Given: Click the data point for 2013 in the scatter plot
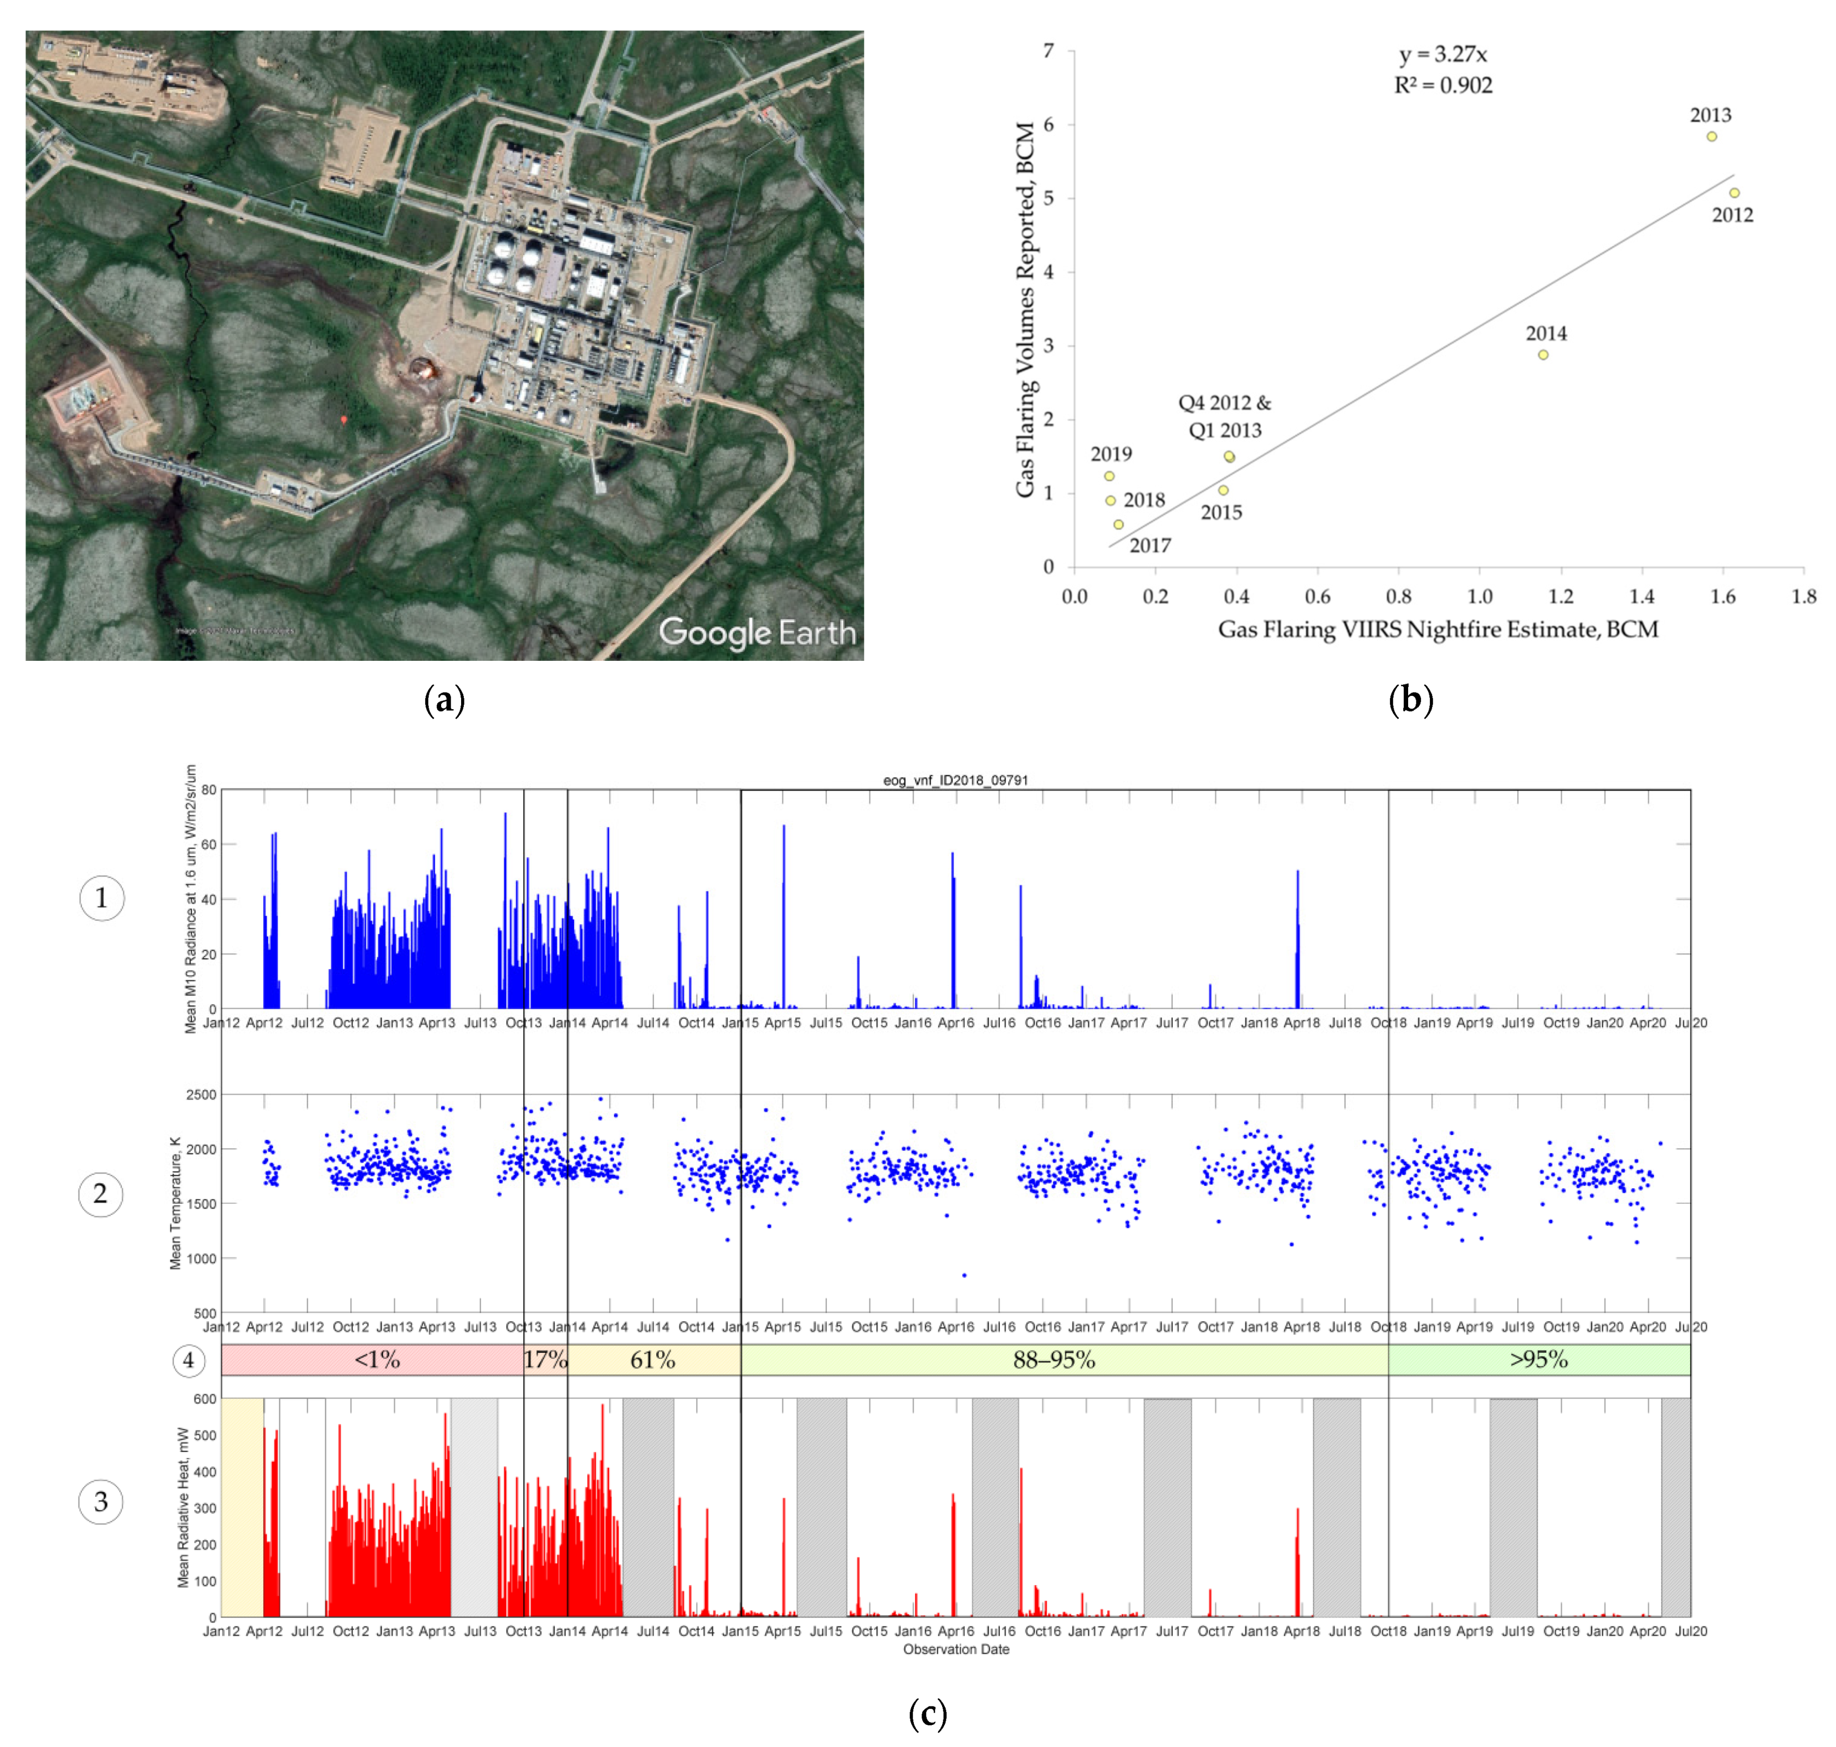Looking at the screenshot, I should pos(1710,137).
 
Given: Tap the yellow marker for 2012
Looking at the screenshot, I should pos(1733,193).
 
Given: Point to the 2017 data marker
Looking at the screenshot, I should pos(1118,524).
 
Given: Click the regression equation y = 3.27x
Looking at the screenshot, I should pos(1442,55).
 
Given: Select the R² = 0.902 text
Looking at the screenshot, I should pos(1442,86).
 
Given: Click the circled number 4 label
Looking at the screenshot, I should pos(188,1361).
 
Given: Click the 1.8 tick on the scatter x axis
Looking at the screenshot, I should pos(1803,597).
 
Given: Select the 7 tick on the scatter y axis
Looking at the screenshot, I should pos(1049,50).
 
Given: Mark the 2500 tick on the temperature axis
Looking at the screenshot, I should pos(201,1094).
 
